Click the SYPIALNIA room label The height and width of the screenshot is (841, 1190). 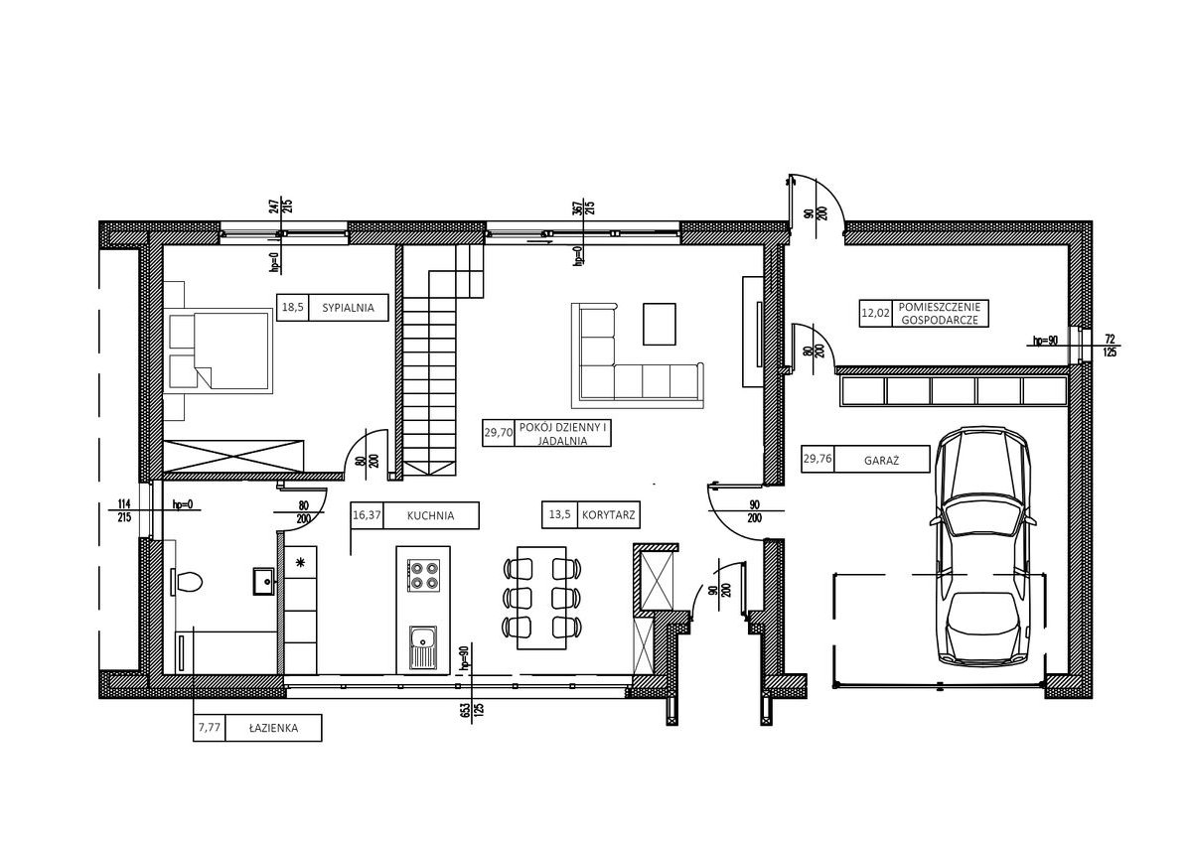[349, 308]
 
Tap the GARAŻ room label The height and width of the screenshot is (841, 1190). [881, 460]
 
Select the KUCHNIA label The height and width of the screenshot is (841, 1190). [430, 515]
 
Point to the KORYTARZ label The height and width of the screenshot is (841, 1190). [608, 515]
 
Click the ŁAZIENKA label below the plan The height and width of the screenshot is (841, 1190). [273, 729]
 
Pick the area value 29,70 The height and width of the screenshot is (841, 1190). [499, 433]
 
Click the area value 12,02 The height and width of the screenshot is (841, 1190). [875, 313]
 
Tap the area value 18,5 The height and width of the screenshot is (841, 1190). [293, 308]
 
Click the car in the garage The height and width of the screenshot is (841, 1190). [983, 544]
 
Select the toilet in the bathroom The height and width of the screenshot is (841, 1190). [187, 582]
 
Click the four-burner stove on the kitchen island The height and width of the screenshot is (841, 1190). [423, 575]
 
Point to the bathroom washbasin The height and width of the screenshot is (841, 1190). [264, 581]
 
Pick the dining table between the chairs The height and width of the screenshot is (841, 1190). [542, 598]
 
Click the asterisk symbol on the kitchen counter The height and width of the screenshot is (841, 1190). [301, 562]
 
